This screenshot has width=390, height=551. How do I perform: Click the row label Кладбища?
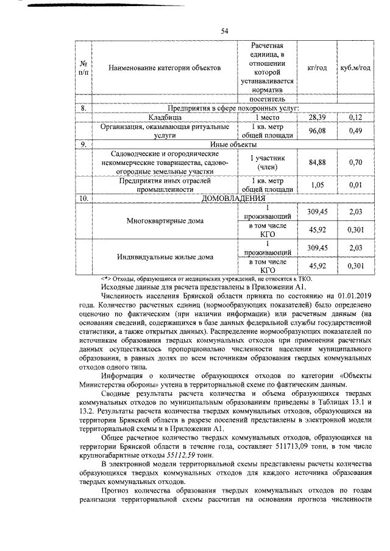165,117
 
